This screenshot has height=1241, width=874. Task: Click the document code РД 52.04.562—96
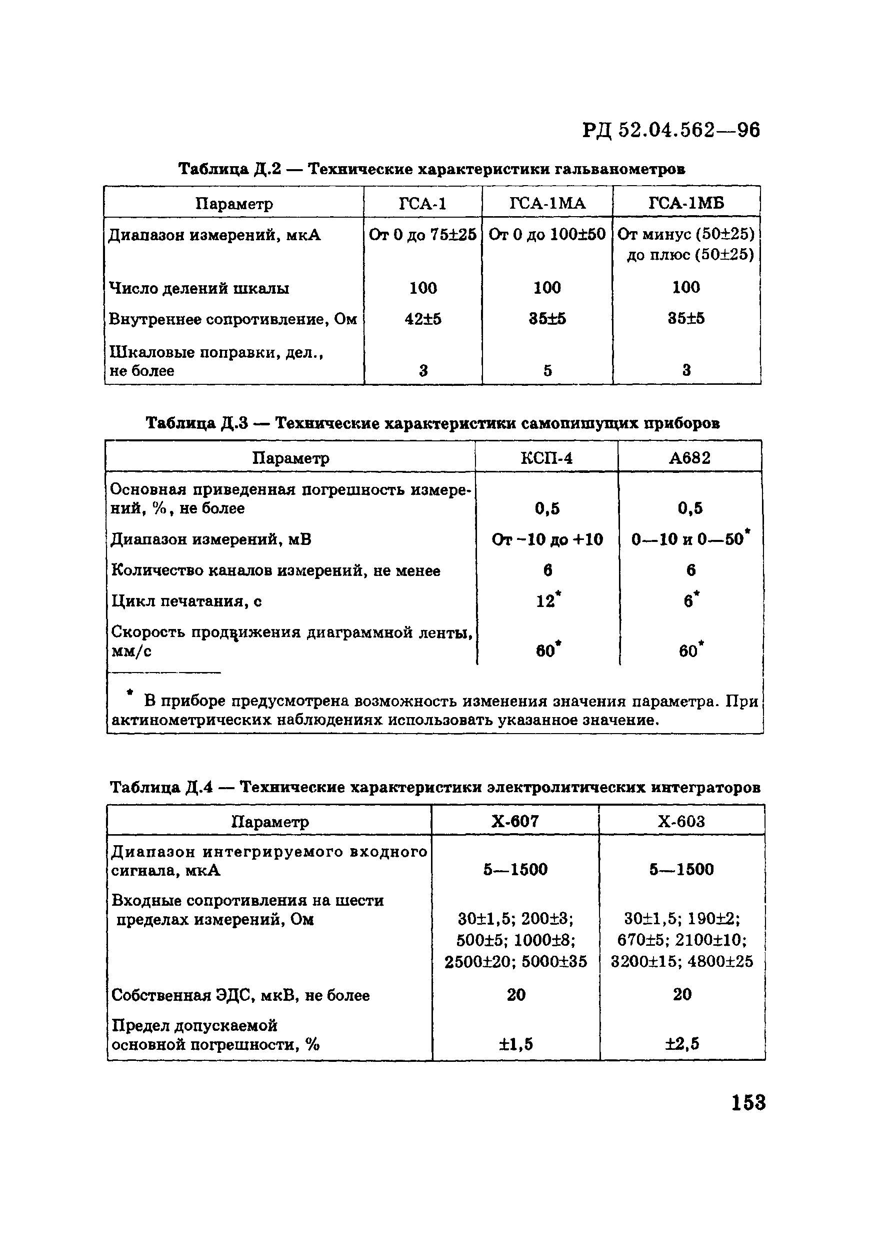tap(671, 130)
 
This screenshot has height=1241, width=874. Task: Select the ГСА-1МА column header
tap(547, 203)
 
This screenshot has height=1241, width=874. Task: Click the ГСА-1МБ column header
tap(686, 203)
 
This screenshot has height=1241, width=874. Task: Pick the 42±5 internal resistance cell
tap(423, 319)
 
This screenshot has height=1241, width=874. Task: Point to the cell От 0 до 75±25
tap(423, 235)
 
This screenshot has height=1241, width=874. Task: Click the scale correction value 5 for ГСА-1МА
tap(547, 371)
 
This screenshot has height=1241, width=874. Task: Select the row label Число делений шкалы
tap(199, 288)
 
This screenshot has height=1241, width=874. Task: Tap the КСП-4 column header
tap(546, 458)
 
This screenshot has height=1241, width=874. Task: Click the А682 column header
tap(690, 458)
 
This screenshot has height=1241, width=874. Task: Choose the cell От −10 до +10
tap(546, 539)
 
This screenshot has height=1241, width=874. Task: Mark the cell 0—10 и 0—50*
tap(690, 539)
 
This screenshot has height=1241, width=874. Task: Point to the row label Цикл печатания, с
tap(186, 601)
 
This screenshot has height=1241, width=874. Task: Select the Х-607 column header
tap(515, 822)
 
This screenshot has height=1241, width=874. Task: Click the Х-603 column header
tap(681, 822)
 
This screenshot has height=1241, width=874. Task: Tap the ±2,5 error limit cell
tap(681, 1044)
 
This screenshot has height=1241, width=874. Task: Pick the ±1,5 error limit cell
tap(515, 1044)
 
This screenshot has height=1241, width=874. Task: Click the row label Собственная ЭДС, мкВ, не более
tap(240, 995)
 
